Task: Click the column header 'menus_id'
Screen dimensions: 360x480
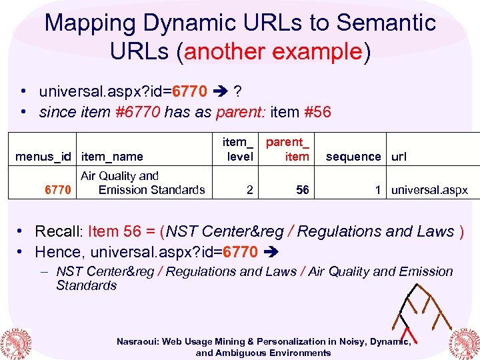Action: coord(43,157)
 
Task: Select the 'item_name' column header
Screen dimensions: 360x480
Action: coord(111,157)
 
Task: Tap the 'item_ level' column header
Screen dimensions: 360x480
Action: coord(238,149)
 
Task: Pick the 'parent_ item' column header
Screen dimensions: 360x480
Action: coord(288,149)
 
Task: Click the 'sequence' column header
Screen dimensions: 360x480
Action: coord(353,157)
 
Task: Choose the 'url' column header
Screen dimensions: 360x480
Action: coord(399,157)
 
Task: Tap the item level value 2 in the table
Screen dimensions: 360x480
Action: coord(249,190)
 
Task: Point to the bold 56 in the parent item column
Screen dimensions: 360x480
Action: coord(303,190)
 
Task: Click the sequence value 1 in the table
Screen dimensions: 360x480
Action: coord(378,190)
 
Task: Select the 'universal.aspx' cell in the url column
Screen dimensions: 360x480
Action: coord(429,190)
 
